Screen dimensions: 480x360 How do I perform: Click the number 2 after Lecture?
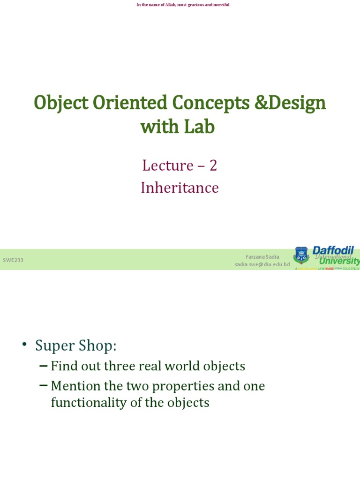[213, 165]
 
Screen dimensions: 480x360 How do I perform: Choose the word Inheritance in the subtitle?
[180, 187]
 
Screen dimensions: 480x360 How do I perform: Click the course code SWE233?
[13, 260]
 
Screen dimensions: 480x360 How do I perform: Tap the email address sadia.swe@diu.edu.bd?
[262, 264]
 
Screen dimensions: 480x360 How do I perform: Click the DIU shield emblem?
[301, 255]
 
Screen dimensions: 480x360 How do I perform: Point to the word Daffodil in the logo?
[333, 250]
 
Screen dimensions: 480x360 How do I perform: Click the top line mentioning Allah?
[183, 5]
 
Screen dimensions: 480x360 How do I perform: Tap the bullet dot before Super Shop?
[24, 345]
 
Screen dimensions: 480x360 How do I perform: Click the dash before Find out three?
[43, 366]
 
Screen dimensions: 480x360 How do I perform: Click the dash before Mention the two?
[43, 386]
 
